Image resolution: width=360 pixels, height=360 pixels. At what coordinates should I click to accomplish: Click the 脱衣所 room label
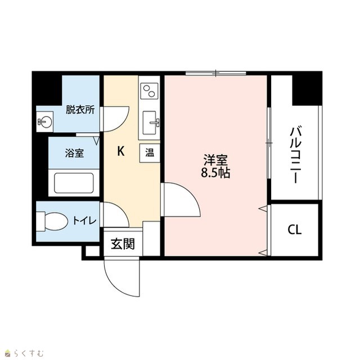(80, 110)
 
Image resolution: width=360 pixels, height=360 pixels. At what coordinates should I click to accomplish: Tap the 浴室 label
(74, 152)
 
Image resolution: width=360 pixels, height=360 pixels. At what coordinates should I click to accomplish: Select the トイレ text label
(84, 220)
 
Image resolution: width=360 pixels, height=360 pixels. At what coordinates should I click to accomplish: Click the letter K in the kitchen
(121, 151)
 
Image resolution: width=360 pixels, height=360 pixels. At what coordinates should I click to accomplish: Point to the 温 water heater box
(150, 153)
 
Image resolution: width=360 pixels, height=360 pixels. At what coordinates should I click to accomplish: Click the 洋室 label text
(215, 160)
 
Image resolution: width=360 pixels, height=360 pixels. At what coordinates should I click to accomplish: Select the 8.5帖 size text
(215, 173)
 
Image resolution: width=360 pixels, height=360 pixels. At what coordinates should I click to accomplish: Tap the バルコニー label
(296, 154)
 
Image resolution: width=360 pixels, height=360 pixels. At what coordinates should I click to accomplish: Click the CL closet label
(295, 229)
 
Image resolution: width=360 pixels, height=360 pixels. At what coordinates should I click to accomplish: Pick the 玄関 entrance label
(123, 244)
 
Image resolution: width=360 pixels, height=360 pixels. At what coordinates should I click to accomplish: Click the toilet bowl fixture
(52, 221)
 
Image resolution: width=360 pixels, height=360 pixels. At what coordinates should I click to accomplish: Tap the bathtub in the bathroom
(74, 183)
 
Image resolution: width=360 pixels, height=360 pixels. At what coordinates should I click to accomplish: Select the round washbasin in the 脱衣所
(45, 121)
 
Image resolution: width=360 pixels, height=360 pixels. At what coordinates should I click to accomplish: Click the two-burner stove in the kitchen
(149, 91)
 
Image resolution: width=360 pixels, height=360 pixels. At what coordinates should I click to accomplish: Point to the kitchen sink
(150, 123)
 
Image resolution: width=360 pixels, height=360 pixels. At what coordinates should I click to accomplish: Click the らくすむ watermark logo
(24, 353)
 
